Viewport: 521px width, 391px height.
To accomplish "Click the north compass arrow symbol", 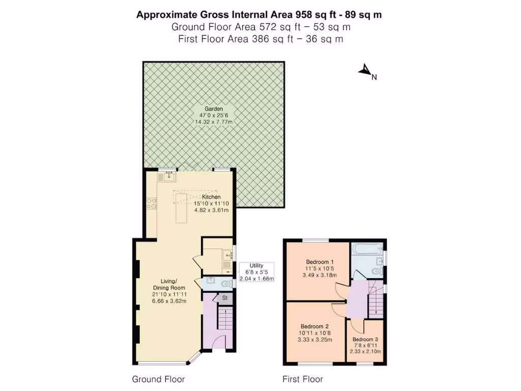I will [x=365, y=71].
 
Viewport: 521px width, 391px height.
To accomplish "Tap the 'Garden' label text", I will [x=214, y=109].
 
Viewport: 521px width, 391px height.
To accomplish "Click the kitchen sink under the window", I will [x=168, y=177].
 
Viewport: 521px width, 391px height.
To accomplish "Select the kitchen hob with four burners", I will [x=152, y=203].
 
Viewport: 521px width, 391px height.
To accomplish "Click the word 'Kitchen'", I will [x=211, y=197].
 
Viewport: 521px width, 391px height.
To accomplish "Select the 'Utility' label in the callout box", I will [x=256, y=266].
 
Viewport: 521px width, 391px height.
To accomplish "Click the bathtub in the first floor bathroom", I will [x=367, y=250].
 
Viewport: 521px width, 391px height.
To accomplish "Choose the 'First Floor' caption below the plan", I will [x=303, y=379].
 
